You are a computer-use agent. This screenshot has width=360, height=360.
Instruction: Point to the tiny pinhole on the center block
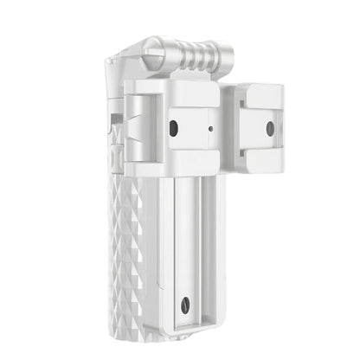211,130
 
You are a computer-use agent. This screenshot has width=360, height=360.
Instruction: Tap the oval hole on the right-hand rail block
269,128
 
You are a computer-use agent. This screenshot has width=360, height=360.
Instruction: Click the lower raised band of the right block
265,156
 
